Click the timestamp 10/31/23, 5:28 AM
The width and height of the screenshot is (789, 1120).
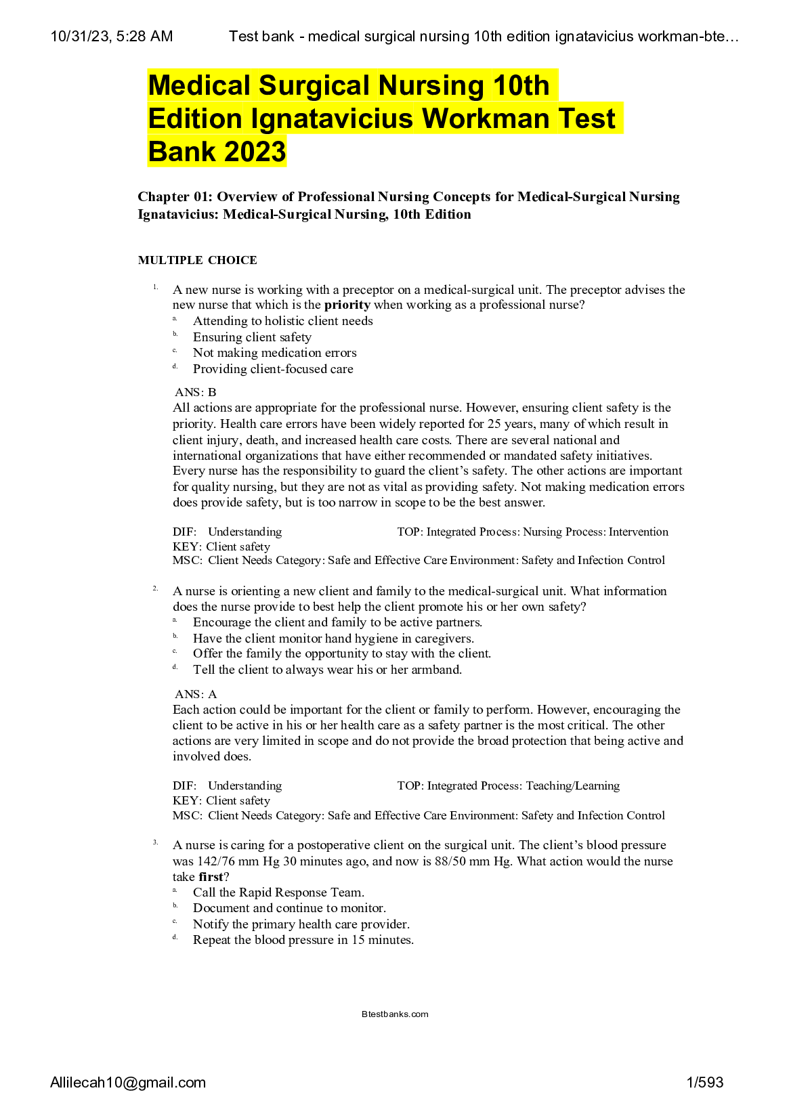click(x=112, y=37)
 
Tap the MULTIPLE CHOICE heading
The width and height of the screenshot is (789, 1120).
click(x=197, y=260)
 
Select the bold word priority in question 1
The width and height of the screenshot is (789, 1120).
click(x=347, y=305)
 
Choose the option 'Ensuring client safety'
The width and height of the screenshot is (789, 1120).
click(x=252, y=337)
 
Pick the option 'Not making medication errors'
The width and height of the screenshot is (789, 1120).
click(x=274, y=353)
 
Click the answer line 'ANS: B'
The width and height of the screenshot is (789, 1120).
click(x=196, y=392)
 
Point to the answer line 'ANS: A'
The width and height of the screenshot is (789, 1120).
click(x=196, y=694)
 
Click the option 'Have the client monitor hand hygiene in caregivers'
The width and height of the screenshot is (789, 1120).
click(x=333, y=639)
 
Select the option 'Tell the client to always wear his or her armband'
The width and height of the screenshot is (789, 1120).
click(x=327, y=670)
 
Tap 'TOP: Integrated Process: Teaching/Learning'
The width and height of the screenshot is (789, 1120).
click(x=508, y=785)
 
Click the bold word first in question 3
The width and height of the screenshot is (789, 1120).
click(x=211, y=877)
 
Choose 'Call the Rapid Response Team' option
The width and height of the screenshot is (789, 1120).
click(x=278, y=892)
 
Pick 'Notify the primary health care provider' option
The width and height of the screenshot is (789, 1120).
click(x=301, y=924)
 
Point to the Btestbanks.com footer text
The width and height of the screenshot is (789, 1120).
click(x=395, y=1014)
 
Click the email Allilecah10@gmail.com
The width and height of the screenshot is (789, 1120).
click(x=128, y=1083)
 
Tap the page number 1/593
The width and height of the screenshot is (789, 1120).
click(x=704, y=1083)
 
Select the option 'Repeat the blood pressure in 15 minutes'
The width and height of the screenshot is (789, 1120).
click(x=303, y=940)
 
